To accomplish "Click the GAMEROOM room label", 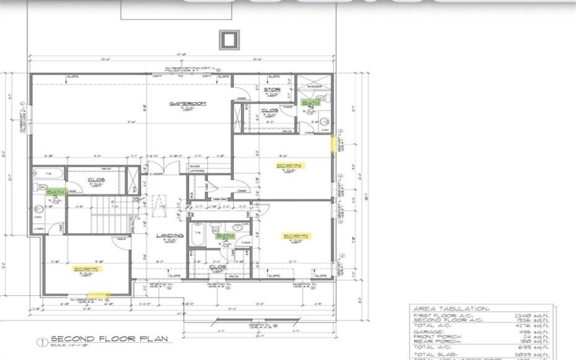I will coord(188,104).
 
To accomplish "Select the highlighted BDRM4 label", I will coord(291,166).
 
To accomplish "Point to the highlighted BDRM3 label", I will coord(296,236).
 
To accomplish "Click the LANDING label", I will coord(171,235).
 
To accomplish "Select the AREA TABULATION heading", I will coord(450,309).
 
